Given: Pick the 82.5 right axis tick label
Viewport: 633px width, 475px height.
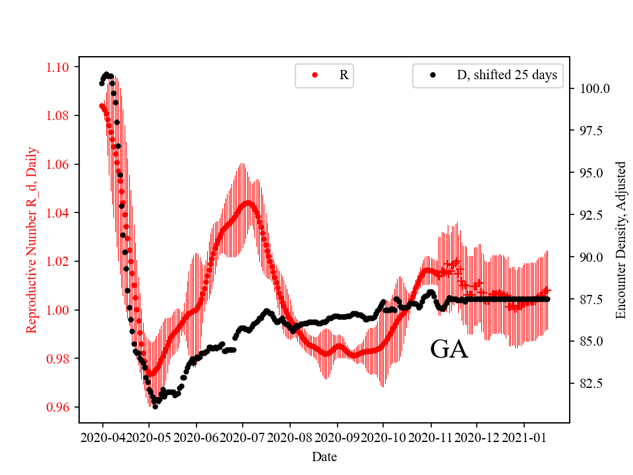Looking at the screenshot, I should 591,384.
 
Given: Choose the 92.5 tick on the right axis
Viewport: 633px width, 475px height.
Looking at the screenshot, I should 591,215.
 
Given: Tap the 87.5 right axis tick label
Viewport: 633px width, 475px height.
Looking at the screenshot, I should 591,300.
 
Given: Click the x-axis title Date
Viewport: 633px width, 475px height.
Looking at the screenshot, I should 324,457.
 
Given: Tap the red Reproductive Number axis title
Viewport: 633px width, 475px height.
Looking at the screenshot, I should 32,239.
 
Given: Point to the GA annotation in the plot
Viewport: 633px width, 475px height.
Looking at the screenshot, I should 449,350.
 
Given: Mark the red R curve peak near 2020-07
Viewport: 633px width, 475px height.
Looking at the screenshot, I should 248,202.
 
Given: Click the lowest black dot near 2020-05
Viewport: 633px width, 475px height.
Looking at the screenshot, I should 155,406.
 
